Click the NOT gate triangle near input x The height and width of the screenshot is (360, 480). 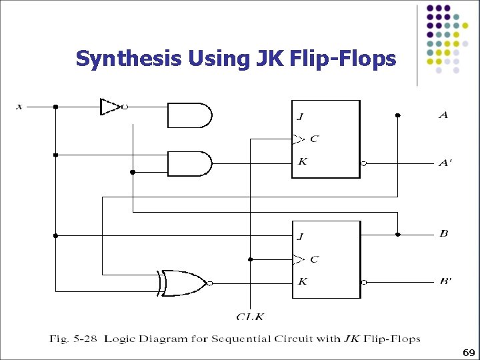110,107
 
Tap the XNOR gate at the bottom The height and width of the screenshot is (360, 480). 182,283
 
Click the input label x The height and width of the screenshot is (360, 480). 19,106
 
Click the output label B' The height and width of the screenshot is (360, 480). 445,281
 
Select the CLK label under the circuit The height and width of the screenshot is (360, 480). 250,316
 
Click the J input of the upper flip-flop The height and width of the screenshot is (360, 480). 300,117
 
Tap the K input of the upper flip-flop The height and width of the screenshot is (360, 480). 302,161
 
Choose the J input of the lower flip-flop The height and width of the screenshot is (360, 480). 301,236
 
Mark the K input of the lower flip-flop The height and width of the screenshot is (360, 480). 303,281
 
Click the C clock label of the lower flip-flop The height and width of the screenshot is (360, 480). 314,259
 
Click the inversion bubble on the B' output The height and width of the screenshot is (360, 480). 364,282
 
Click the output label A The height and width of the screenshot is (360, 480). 443,115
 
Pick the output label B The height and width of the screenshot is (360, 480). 443,233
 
